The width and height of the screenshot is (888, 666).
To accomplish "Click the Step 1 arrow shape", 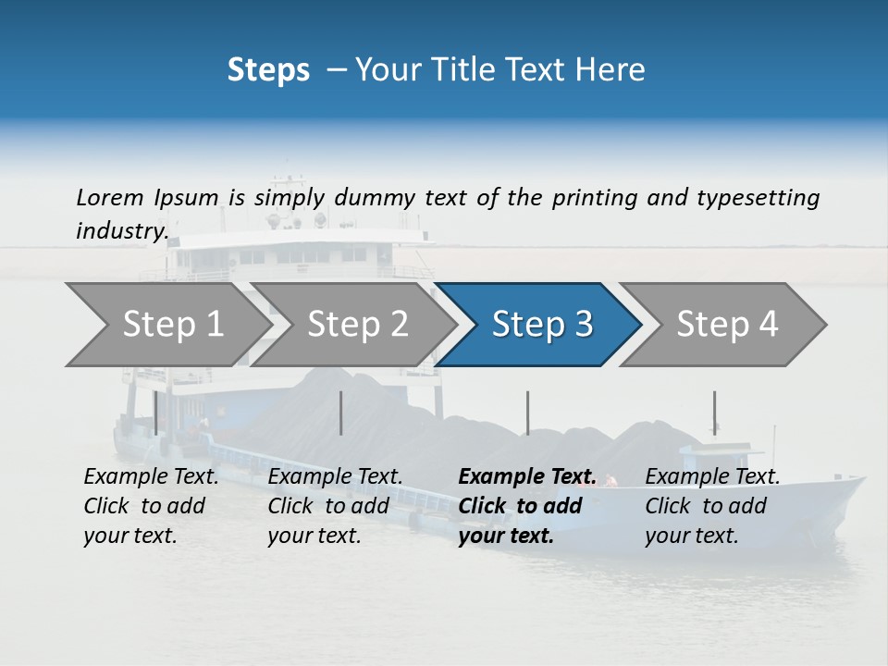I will click(166, 324).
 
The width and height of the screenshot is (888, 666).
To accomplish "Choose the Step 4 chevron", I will click(726, 324).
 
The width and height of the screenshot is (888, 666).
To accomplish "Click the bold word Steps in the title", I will click(268, 70).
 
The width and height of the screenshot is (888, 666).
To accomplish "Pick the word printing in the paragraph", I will click(582, 197).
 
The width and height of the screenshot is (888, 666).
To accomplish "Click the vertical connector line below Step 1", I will click(155, 413).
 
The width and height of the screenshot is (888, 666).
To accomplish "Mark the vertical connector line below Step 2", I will click(341, 413).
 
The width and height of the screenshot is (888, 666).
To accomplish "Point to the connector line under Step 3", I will click(527, 413).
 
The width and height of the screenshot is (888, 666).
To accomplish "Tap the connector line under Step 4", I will click(714, 413).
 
